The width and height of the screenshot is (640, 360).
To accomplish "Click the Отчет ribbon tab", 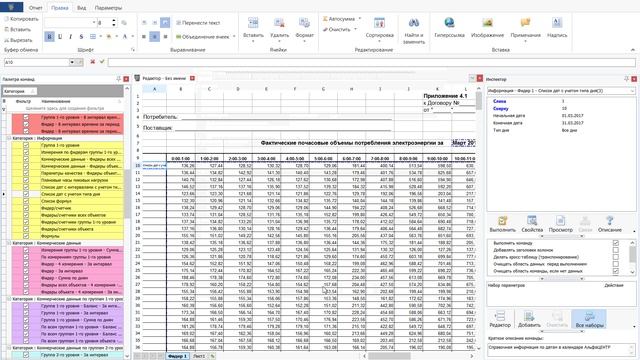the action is click(x=36, y=6).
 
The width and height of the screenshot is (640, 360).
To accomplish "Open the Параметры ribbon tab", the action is click(x=109, y=6).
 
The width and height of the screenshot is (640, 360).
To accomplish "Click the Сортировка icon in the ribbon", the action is click(x=380, y=24).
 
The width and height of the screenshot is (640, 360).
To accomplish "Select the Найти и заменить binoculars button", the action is click(x=413, y=26).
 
